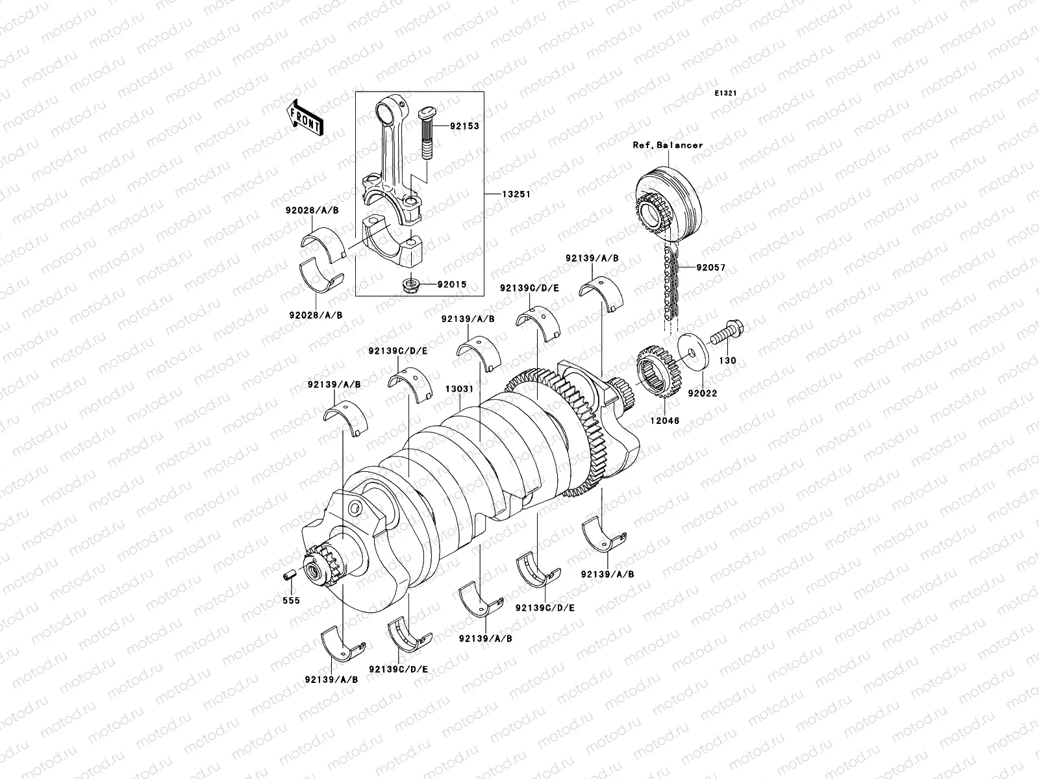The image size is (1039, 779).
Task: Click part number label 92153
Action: (x=464, y=126)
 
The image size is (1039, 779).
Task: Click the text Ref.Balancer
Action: (x=668, y=145)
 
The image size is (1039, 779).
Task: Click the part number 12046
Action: (x=666, y=421)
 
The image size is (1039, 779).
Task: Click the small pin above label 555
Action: (x=290, y=575)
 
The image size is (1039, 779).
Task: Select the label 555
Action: (x=290, y=600)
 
